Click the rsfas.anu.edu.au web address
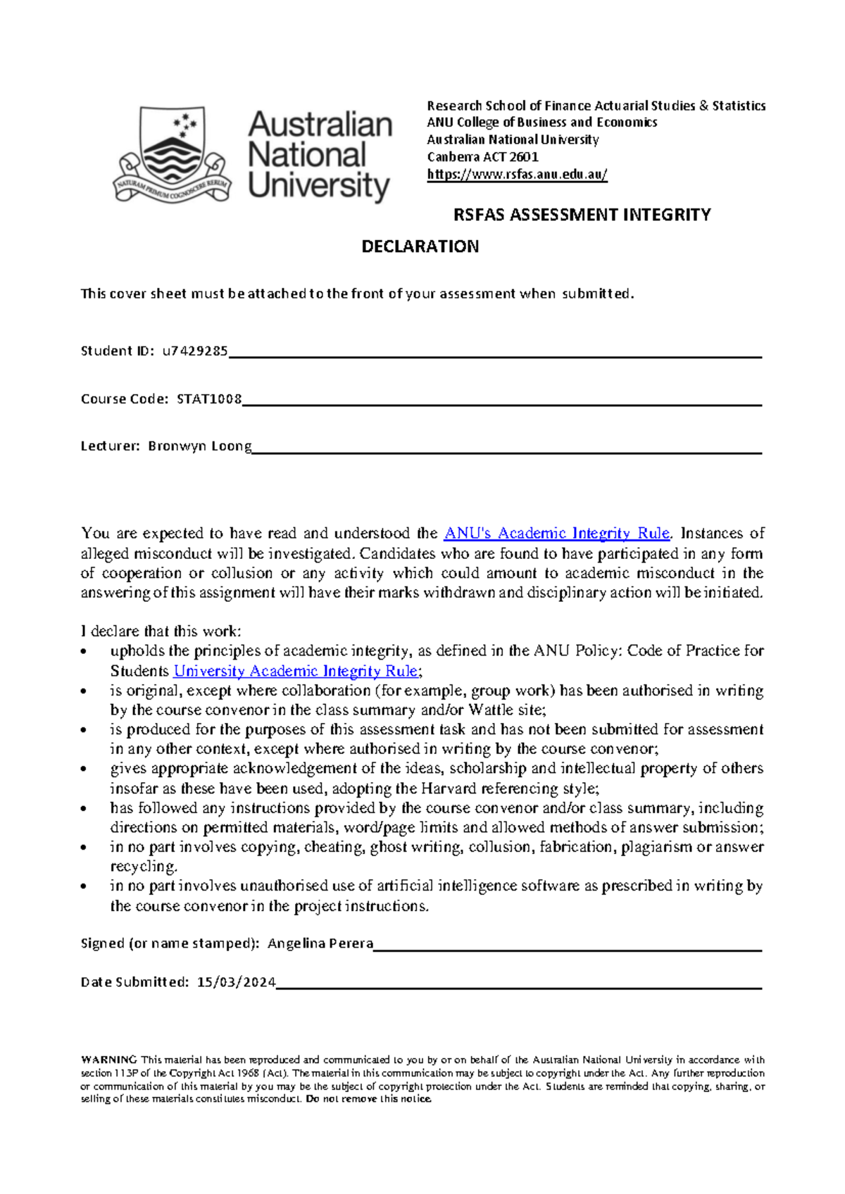tap(517, 175)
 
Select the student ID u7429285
tap(195, 351)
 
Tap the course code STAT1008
tap(209, 399)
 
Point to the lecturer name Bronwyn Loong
tap(199, 446)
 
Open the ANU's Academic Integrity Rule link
tap(557, 533)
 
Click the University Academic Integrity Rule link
tap(296, 671)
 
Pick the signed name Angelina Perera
tap(320, 943)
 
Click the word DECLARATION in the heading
tap(420, 246)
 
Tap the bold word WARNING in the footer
tap(109, 1060)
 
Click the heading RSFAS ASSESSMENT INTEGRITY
tap(582, 215)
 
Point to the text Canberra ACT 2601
tap(482, 157)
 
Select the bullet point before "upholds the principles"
tap(85, 651)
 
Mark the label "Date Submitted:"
tap(134, 982)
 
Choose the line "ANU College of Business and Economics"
tap(542, 122)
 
